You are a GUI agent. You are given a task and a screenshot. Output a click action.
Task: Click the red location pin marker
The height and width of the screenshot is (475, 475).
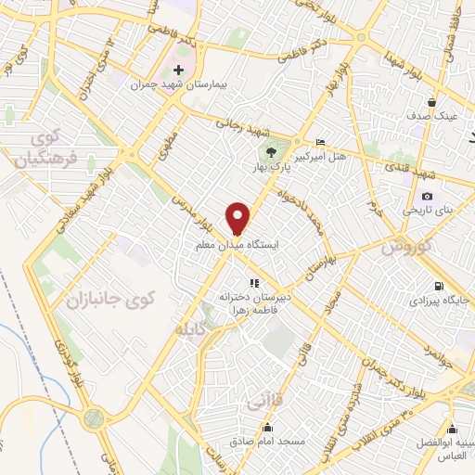238,217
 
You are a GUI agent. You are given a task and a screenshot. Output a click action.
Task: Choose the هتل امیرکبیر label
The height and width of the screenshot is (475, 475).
320,158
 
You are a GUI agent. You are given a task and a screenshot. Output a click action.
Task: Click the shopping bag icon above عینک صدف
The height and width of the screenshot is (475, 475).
432,102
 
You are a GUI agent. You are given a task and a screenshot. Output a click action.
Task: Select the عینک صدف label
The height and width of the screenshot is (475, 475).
428,117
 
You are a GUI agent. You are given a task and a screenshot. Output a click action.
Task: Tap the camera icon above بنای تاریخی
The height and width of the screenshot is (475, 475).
427,196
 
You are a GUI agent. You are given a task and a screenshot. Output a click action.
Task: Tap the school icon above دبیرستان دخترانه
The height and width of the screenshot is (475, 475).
251,283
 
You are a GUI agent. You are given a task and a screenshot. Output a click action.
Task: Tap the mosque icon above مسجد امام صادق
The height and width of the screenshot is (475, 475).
268,427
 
